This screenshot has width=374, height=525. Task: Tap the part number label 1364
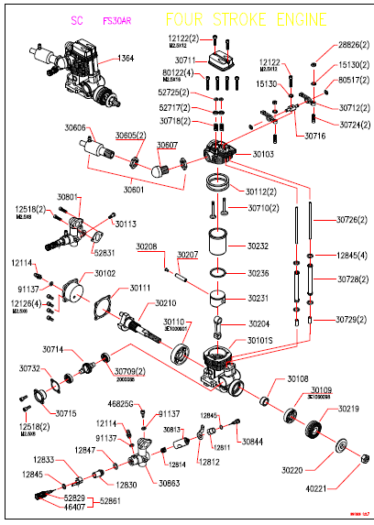[x=126, y=59]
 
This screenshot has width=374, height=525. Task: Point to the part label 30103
[x=263, y=155]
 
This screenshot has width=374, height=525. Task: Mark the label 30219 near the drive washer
[x=348, y=409]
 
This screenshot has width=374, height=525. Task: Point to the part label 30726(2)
[x=352, y=220]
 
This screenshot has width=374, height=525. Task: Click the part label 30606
[x=76, y=127]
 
